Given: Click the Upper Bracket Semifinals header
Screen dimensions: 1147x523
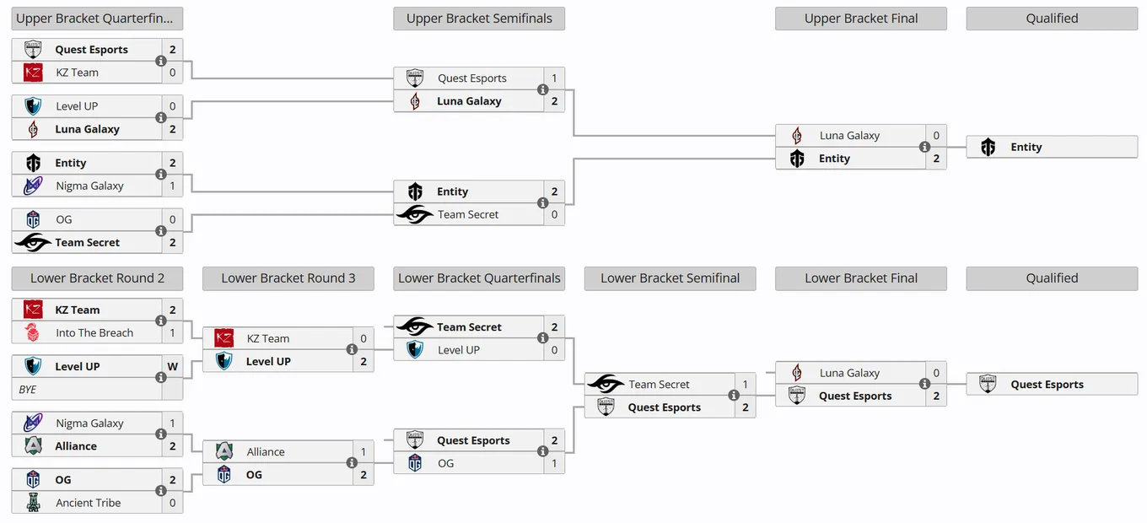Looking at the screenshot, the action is pos(479,19).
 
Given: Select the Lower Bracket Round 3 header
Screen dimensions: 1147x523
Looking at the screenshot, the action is pos(288,278).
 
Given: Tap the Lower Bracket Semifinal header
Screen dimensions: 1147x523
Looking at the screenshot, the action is pos(670,278).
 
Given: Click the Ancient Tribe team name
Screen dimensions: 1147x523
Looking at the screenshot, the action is pos(88,503).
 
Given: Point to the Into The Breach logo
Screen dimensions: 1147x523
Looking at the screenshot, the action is pos(32,332).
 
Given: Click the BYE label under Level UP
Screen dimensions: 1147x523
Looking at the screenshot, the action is pos(28,390).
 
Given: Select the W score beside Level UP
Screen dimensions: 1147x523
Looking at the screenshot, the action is pos(173,367).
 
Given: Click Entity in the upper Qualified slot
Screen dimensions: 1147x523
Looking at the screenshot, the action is pos(1026,148).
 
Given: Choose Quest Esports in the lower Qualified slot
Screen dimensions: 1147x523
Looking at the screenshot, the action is pos(1047,385).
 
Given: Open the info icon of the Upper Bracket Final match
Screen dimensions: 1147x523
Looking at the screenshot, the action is pos(924,147).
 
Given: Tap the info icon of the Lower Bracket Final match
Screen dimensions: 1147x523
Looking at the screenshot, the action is pos(924,384).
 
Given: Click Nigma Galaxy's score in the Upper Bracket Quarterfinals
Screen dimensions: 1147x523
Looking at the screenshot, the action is pos(173,186).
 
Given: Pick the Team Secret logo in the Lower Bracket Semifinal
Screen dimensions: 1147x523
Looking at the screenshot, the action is pos(606,384).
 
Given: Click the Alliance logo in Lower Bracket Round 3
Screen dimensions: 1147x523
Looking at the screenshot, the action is pos(223,451).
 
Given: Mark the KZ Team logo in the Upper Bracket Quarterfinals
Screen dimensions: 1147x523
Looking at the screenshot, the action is pos(33,73).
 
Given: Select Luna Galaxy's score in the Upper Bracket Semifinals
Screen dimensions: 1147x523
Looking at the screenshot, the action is pos(555,101).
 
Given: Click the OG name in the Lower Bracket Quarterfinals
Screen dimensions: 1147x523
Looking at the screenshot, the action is pos(445,464).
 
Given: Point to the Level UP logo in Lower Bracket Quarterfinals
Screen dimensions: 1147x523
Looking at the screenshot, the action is pos(415,350).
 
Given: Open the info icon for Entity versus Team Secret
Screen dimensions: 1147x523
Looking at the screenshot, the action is pos(543,202).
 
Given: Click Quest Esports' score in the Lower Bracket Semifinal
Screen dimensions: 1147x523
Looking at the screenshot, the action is pos(746,407).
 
